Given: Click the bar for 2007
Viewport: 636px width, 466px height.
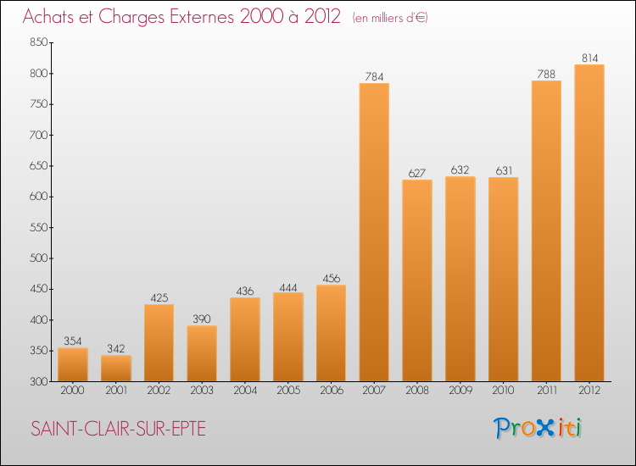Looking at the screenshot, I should (x=374, y=232).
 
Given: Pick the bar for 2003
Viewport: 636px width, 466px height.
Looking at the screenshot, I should (x=202, y=353).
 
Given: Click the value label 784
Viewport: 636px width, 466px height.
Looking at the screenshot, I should (x=374, y=76).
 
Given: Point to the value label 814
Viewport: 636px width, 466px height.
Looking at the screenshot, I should (x=589, y=58).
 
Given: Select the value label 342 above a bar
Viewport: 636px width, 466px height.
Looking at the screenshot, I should (x=116, y=348).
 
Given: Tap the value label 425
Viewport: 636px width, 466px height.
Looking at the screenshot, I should (x=159, y=297).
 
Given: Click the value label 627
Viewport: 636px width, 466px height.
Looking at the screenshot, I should (x=417, y=173).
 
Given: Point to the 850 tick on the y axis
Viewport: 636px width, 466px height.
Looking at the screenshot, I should (x=38, y=42).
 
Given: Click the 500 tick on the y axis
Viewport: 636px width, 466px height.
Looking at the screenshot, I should (x=38, y=258).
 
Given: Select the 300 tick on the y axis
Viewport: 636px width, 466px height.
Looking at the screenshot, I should (x=38, y=381).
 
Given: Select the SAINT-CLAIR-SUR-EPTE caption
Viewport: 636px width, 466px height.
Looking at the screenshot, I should (x=118, y=429).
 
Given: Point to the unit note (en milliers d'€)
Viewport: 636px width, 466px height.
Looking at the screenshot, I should (x=390, y=18).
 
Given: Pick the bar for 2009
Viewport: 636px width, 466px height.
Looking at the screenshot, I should (x=460, y=279).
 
